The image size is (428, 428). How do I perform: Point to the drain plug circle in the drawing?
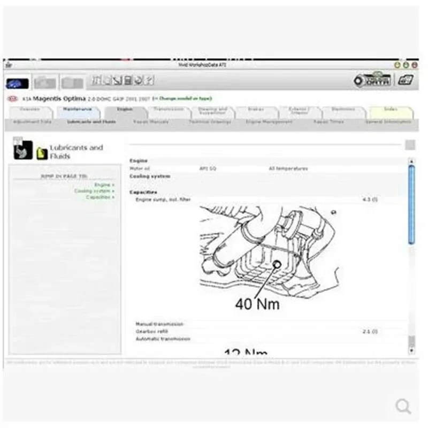tap(277, 265)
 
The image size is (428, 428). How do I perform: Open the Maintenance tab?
tap(78, 109)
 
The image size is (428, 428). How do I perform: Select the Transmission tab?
tap(169, 109)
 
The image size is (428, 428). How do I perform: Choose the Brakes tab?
tap(256, 109)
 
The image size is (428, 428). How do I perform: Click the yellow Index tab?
tap(391, 109)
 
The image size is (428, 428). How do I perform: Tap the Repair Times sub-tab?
tap(328, 122)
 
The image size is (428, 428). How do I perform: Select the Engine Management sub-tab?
tap(269, 122)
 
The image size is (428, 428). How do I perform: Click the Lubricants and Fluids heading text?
tap(76, 151)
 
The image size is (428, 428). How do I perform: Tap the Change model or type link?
tap(182, 98)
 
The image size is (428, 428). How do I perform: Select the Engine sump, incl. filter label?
tap(163, 200)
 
